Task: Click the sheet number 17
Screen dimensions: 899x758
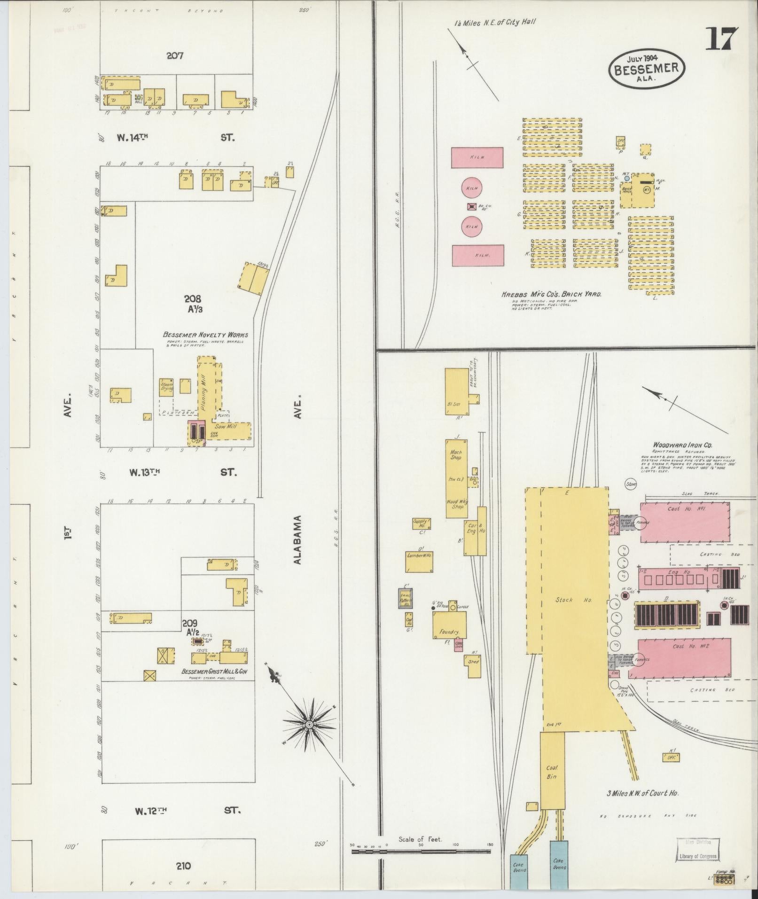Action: point(721,39)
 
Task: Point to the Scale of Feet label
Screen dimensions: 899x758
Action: point(420,839)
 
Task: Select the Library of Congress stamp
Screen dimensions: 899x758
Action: point(698,856)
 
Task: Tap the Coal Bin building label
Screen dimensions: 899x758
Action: point(552,772)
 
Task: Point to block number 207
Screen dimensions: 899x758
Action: point(175,56)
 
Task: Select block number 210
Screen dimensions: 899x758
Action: point(183,866)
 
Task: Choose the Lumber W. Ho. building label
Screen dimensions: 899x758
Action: point(419,555)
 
